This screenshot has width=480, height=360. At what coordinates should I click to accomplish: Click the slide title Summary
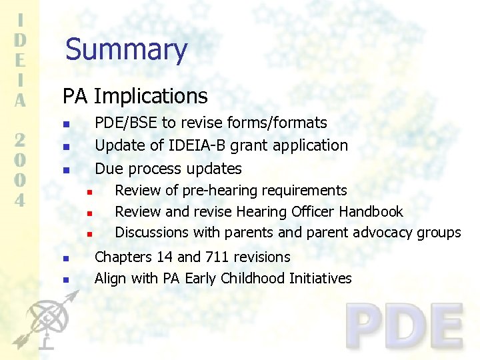pyautogui.click(x=126, y=50)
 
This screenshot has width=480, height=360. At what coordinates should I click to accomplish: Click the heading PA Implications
pyautogui.click(x=135, y=96)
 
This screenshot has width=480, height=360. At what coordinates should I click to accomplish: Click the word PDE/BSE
pyautogui.click(x=127, y=123)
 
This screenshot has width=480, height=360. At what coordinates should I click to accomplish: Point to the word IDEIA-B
pyautogui.click(x=191, y=145)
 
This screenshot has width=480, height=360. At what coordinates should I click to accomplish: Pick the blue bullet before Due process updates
pyautogui.click(x=65, y=170)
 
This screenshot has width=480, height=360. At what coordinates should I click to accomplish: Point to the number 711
pyautogui.click(x=217, y=257)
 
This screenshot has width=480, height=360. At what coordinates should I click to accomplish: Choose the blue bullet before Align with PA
pyautogui.click(x=65, y=280)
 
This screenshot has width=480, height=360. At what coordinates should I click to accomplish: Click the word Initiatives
pyautogui.click(x=320, y=279)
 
